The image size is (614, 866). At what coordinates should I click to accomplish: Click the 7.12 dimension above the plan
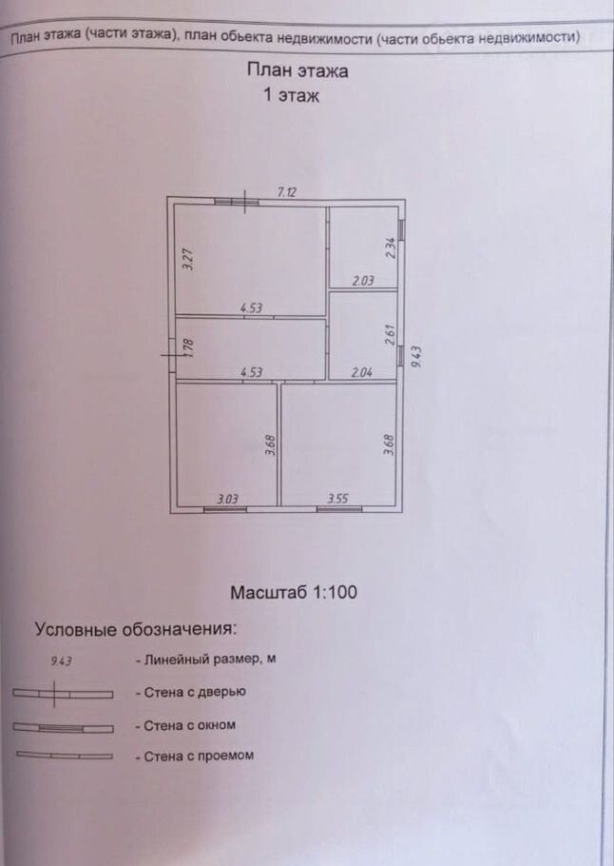click(x=287, y=192)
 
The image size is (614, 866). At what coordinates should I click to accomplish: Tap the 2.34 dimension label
click(x=390, y=247)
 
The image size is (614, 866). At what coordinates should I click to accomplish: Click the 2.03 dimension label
click(x=363, y=281)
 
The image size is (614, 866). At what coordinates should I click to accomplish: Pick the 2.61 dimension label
click(x=390, y=335)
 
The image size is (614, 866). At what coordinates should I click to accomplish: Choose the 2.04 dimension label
click(x=362, y=373)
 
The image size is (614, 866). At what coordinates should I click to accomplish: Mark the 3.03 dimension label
click(x=227, y=500)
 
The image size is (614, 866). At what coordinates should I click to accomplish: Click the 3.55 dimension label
click(x=337, y=499)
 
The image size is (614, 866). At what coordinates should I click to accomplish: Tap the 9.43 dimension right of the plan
click(x=416, y=357)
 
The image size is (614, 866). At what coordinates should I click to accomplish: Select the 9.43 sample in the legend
click(x=61, y=660)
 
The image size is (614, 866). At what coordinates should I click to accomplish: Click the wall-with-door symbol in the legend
click(x=63, y=695)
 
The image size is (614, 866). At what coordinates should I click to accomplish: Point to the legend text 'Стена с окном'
click(x=189, y=725)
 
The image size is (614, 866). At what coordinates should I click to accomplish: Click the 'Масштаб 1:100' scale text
click(x=294, y=593)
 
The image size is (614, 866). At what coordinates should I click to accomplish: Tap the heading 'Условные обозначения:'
click(x=135, y=629)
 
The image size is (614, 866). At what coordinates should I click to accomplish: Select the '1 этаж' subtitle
click(x=291, y=95)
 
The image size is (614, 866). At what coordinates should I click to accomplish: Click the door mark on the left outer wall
click(x=172, y=355)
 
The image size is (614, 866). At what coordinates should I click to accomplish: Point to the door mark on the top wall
click(x=245, y=202)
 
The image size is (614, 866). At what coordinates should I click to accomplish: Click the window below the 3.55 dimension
click(x=339, y=509)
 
